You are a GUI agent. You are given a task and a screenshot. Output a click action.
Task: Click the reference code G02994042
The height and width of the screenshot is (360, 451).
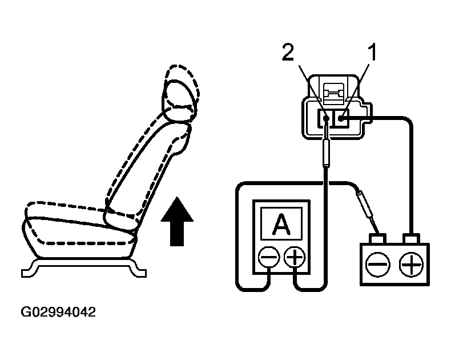click(58, 313)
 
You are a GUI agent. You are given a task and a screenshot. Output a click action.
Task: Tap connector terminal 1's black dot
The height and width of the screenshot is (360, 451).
click(341, 118)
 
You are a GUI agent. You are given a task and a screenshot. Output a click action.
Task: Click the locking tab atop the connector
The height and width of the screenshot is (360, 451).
click(333, 92)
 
